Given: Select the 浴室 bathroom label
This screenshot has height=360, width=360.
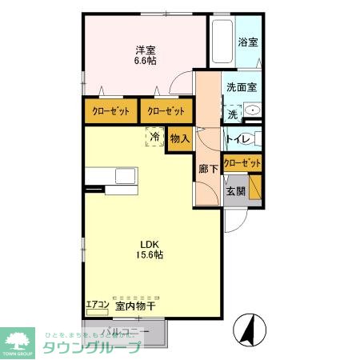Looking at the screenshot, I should pos(248,42).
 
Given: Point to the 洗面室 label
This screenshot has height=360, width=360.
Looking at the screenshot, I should pos(242,87).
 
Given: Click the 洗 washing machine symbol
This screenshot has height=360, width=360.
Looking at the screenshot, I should pos(232,114).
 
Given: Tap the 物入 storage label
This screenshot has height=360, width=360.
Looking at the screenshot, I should pos(180,138).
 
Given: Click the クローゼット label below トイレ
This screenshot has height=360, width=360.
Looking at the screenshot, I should pos(242,163).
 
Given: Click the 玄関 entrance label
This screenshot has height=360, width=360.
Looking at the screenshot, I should pos(234,191).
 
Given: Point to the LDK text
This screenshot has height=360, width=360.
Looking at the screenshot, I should pos(152,244).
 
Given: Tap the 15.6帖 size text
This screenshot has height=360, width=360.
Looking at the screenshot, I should pos(152,255).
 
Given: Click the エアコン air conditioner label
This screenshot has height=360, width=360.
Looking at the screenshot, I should pos(97,304).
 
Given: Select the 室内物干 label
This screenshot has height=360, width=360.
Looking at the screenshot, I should pos(133,305).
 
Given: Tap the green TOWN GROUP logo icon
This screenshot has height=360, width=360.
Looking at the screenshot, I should pos(17,338).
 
